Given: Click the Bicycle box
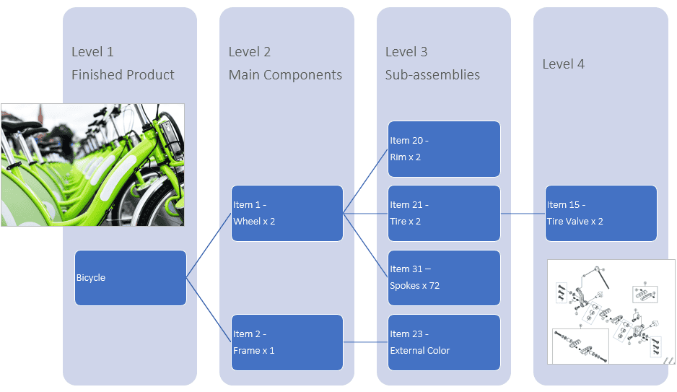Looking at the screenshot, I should point(131,278).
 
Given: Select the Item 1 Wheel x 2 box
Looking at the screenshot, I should point(287,213).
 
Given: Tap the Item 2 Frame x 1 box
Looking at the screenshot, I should point(287,342).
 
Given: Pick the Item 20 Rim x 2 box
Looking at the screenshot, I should point(444,149).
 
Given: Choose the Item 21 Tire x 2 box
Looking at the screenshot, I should point(444,213).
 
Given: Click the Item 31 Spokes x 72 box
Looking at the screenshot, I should point(444,278).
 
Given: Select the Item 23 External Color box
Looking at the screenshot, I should point(444,342).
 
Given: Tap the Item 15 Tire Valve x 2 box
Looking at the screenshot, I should point(601,213).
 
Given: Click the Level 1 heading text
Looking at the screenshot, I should point(92,52).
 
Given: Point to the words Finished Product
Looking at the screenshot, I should point(123,74).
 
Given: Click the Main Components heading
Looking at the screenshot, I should point(285,74).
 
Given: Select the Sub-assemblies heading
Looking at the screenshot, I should point(432,74).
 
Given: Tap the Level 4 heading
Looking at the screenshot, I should point(563,64).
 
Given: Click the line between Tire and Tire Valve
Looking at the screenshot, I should point(523,213).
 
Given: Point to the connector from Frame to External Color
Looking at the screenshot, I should point(366,342).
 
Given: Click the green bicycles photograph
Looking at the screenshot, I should point(92,165).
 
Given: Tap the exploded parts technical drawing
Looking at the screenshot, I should point(611,311).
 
